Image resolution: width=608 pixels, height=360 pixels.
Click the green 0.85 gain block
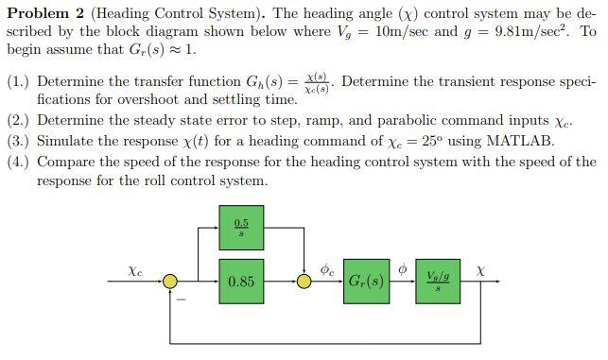click(240, 281)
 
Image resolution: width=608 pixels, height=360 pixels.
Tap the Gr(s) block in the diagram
click(366, 281)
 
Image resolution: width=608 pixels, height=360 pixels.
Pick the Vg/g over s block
click(439, 281)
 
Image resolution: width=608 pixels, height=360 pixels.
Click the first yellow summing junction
click(169, 281)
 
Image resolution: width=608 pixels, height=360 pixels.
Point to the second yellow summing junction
click(304, 281)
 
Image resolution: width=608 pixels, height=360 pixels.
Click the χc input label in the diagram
click(135, 270)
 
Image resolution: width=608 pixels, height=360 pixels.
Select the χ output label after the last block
click(481, 270)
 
